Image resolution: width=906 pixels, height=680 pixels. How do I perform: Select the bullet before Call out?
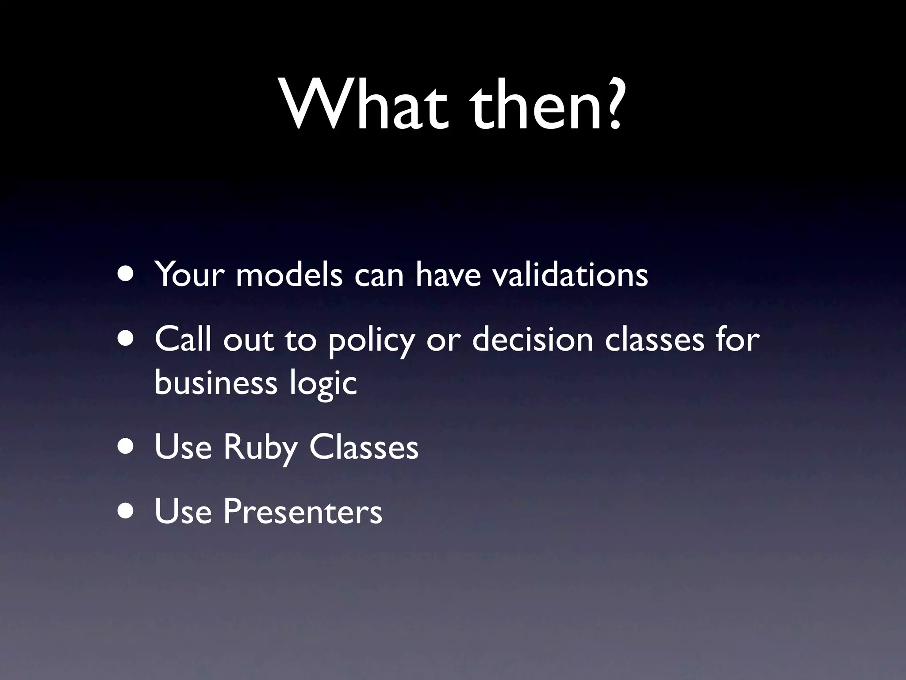click(x=127, y=339)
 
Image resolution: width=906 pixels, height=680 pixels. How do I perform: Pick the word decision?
click(x=533, y=340)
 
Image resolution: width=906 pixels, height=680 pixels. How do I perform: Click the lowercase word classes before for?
click(x=654, y=340)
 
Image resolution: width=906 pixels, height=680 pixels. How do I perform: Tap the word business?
click(x=216, y=382)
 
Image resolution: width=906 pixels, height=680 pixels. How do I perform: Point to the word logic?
click(x=323, y=383)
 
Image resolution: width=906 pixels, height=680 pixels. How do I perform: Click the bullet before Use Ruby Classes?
click(x=127, y=448)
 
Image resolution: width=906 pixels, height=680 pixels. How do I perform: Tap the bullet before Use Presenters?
click(x=127, y=512)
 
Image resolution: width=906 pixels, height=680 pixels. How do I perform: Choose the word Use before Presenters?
click(x=183, y=512)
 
